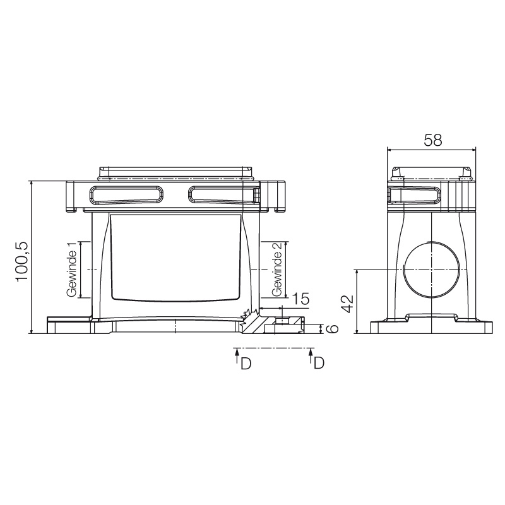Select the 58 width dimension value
432,140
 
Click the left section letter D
246,364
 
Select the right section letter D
319,364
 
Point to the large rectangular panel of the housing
175,256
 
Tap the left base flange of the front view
69,326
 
